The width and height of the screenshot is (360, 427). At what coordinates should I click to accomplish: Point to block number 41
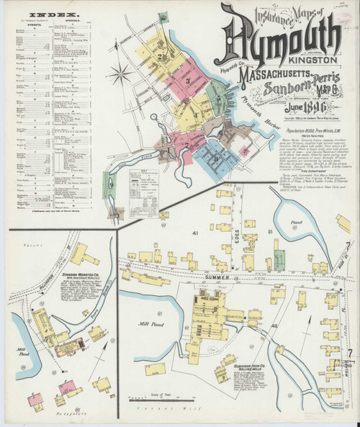coord(194,234)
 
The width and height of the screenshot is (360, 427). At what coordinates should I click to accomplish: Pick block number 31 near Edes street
coord(271,231)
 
